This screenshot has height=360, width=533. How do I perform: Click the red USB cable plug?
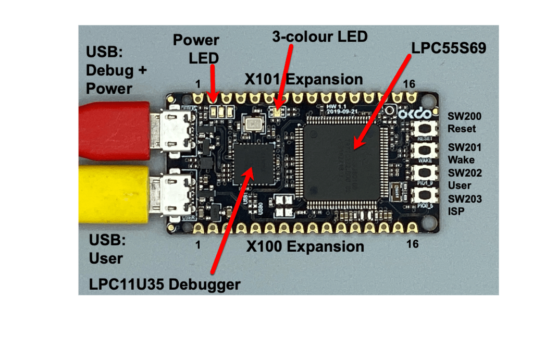click(112, 130)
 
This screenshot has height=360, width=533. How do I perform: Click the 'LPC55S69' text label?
click(449, 48)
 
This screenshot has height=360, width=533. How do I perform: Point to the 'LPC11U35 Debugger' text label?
click(165, 284)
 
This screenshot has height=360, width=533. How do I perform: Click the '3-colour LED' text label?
click(319, 36)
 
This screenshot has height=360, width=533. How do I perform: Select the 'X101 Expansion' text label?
click(304, 79)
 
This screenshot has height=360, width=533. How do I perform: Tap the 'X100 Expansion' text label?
click(305, 246)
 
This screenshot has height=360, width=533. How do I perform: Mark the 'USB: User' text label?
click(106, 250)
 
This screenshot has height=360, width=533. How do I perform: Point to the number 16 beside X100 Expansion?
click(412, 243)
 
